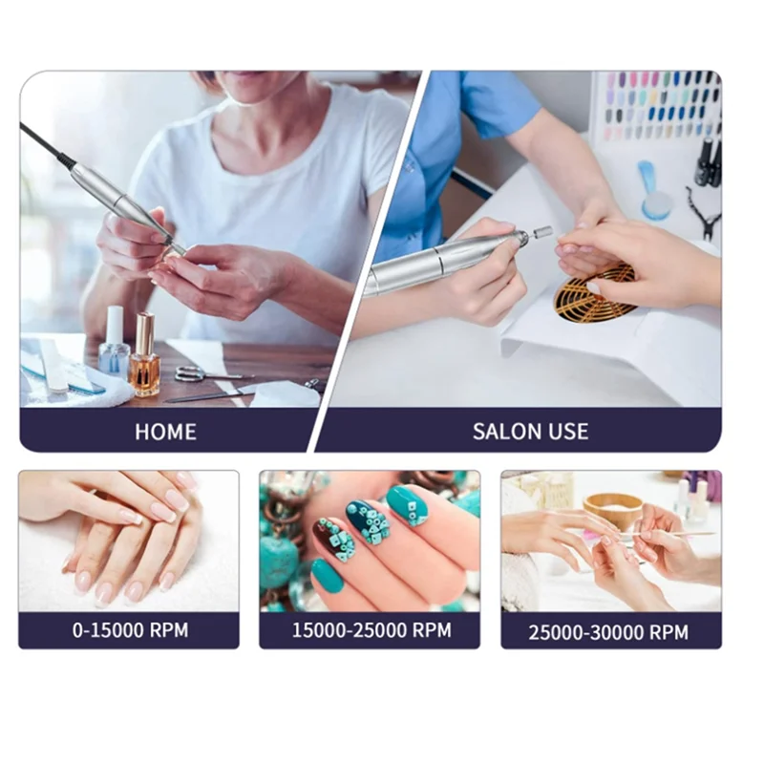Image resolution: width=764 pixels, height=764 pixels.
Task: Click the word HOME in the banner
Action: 165,431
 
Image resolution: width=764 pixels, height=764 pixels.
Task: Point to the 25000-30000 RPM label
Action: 608,632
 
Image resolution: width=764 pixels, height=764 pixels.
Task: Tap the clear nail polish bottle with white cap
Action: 115,344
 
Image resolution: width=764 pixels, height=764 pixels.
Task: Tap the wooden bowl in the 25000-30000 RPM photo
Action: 613,509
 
